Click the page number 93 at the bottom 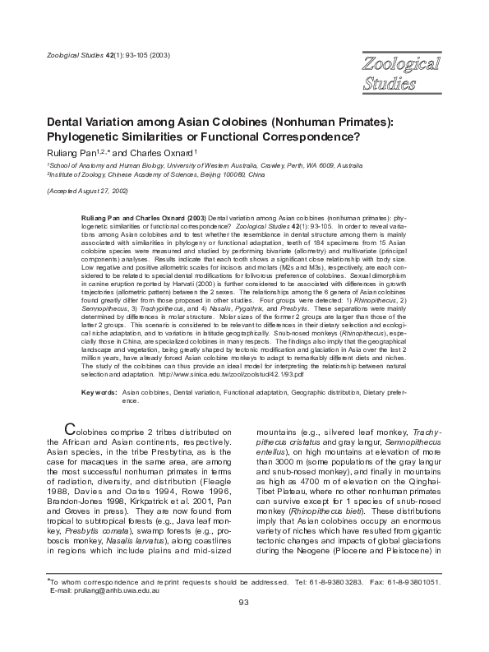pyautogui.click(x=243, y=626)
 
